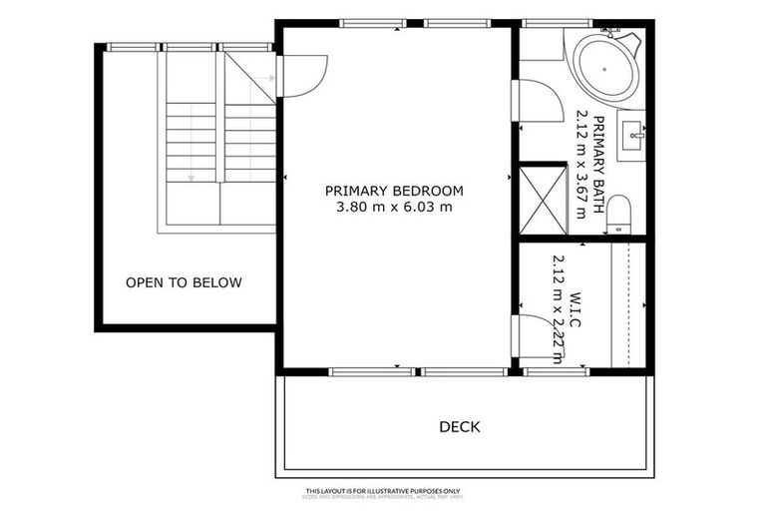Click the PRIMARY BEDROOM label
point(394,190)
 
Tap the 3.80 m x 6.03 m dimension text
point(394,208)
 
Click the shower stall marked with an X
point(543,202)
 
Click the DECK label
point(460,427)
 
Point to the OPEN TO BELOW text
point(184,282)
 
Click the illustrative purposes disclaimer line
point(382,491)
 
